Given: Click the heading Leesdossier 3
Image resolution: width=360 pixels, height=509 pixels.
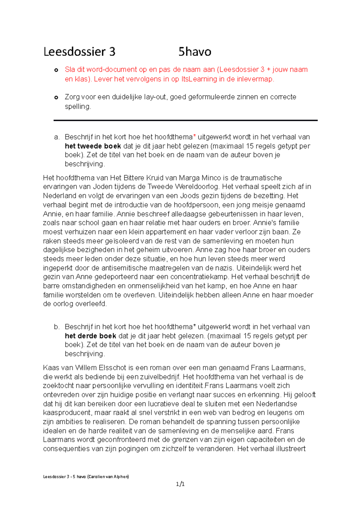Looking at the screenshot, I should coord(79,52).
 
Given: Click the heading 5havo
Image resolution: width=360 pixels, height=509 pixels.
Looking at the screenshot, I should coord(195,52).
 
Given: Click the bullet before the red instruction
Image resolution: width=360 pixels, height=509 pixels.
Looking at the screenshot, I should coord(56,70).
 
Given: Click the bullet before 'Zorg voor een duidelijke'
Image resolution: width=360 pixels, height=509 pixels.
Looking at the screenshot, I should coord(56,97).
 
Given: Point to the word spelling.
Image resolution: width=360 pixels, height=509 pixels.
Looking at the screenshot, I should coord(77,107).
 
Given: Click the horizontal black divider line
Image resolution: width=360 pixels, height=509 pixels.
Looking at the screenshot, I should coord(185,120).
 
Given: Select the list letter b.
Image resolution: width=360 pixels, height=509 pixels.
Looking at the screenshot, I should coord(56,327).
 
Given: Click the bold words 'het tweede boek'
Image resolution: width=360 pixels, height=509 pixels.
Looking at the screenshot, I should coord(93,146).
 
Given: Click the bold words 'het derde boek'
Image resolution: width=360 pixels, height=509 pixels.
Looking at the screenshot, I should coord(90,336).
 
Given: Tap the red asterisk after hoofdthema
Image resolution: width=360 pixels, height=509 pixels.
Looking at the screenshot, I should coord(194,137).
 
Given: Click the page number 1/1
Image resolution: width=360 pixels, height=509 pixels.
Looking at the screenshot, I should coord(180,484).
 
